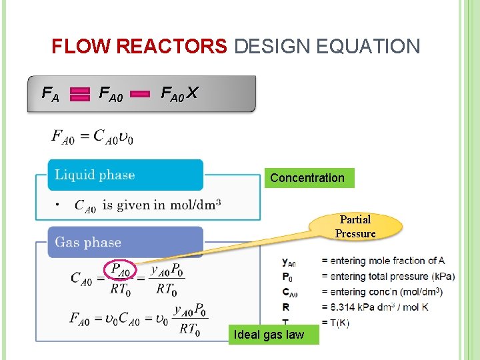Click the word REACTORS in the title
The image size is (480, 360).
pos(171,47)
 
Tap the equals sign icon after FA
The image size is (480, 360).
pos(80,95)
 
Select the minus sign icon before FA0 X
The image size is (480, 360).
pos(140,95)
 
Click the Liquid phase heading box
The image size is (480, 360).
pos(125,175)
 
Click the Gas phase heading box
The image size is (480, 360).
pos(125,242)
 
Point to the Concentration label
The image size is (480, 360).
pos(307,178)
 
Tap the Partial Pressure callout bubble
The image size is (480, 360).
pos(355,227)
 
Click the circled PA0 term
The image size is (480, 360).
pos(120,271)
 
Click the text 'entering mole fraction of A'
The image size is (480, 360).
pos(383,261)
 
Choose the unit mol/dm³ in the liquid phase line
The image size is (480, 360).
pos(197,205)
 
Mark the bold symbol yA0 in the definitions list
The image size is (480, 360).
pos(289,261)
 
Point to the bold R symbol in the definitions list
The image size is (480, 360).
pos(286,307)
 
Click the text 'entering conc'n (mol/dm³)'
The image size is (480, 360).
pos(382,292)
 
